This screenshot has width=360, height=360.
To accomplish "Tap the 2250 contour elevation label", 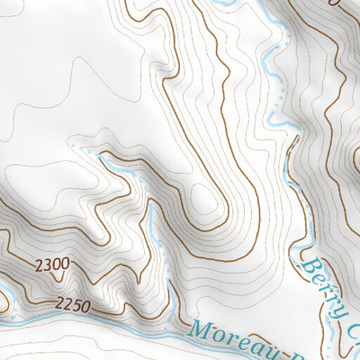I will (x=72, y=306).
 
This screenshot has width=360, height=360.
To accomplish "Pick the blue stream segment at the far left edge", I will (x=4, y=292).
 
